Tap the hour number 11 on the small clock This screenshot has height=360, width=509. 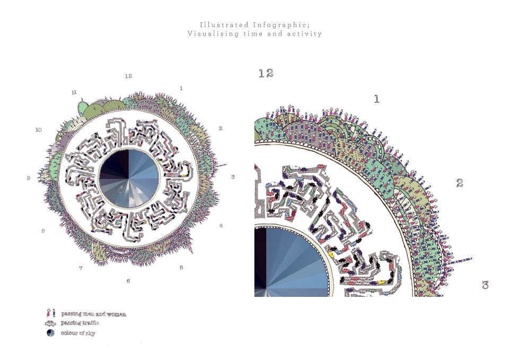tap(74, 92)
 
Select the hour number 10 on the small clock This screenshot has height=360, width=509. tap(39, 130)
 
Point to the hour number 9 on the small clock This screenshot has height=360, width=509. tap(29, 178)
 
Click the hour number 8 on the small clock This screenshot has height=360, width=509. tap(43, 231)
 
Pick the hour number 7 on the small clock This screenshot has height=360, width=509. tap(81, 268)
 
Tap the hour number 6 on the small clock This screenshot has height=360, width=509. tap(128, 281)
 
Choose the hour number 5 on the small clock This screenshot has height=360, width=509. tap(181, 268)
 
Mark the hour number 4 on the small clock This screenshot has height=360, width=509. tap(221, 226)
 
